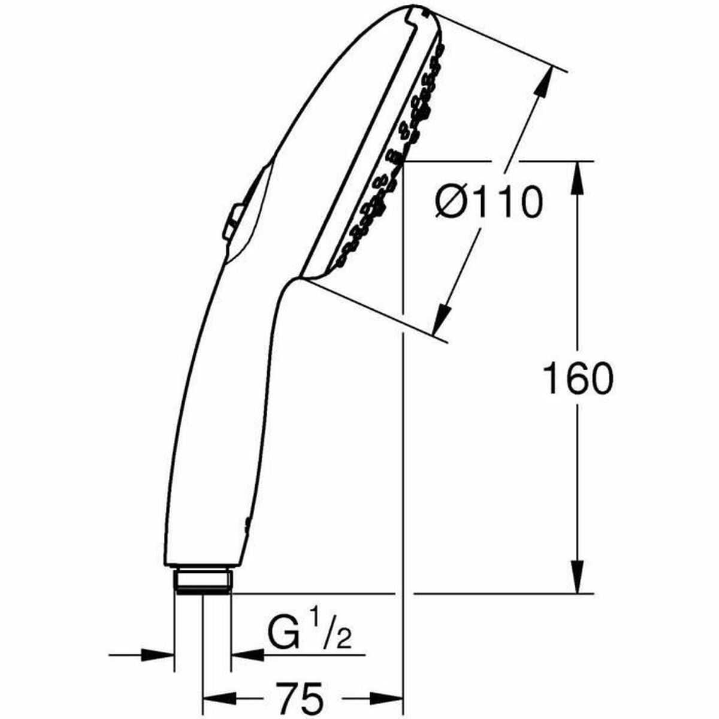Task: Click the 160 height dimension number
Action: click(x=578, y=379)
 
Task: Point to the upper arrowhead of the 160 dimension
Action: click(x=578, y=177)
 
